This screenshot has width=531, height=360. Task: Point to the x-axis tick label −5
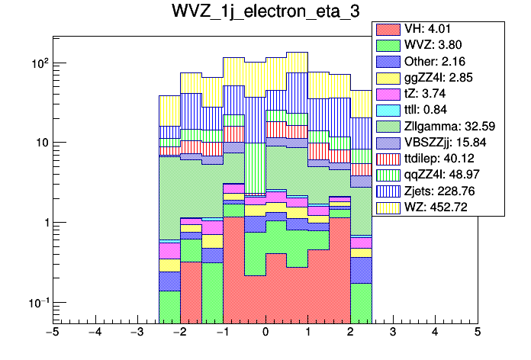[x=53, y=333]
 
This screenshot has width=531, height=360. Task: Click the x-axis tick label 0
[x=265, y=333]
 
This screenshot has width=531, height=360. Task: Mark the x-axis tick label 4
[x=435, y=333]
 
